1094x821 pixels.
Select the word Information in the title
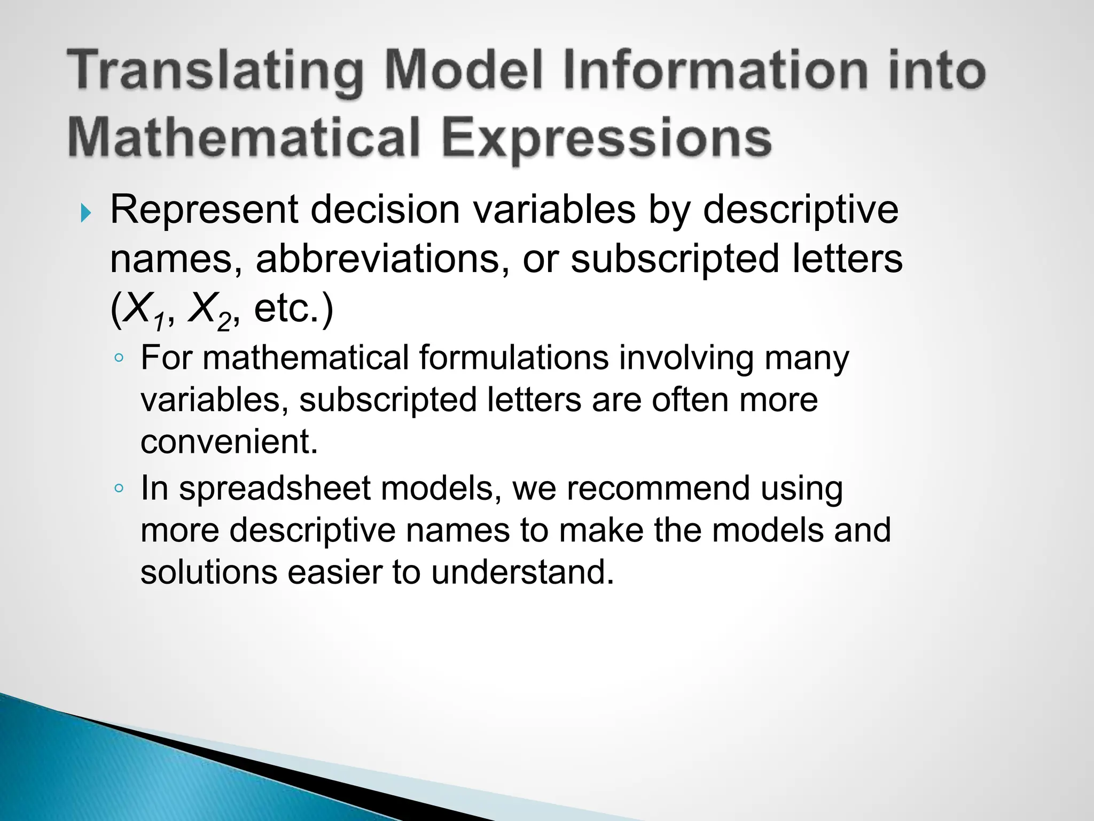tap(715, 70)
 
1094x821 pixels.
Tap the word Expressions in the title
tap(607, 137)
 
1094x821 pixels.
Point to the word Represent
tap(204, 210)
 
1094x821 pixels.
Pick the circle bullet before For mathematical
tap(119, 359)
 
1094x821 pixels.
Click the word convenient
tap(229, 442)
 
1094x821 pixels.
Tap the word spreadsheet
tap(275, 489)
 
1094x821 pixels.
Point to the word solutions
tap(209, 572)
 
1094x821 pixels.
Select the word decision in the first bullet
tap(385, 210)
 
